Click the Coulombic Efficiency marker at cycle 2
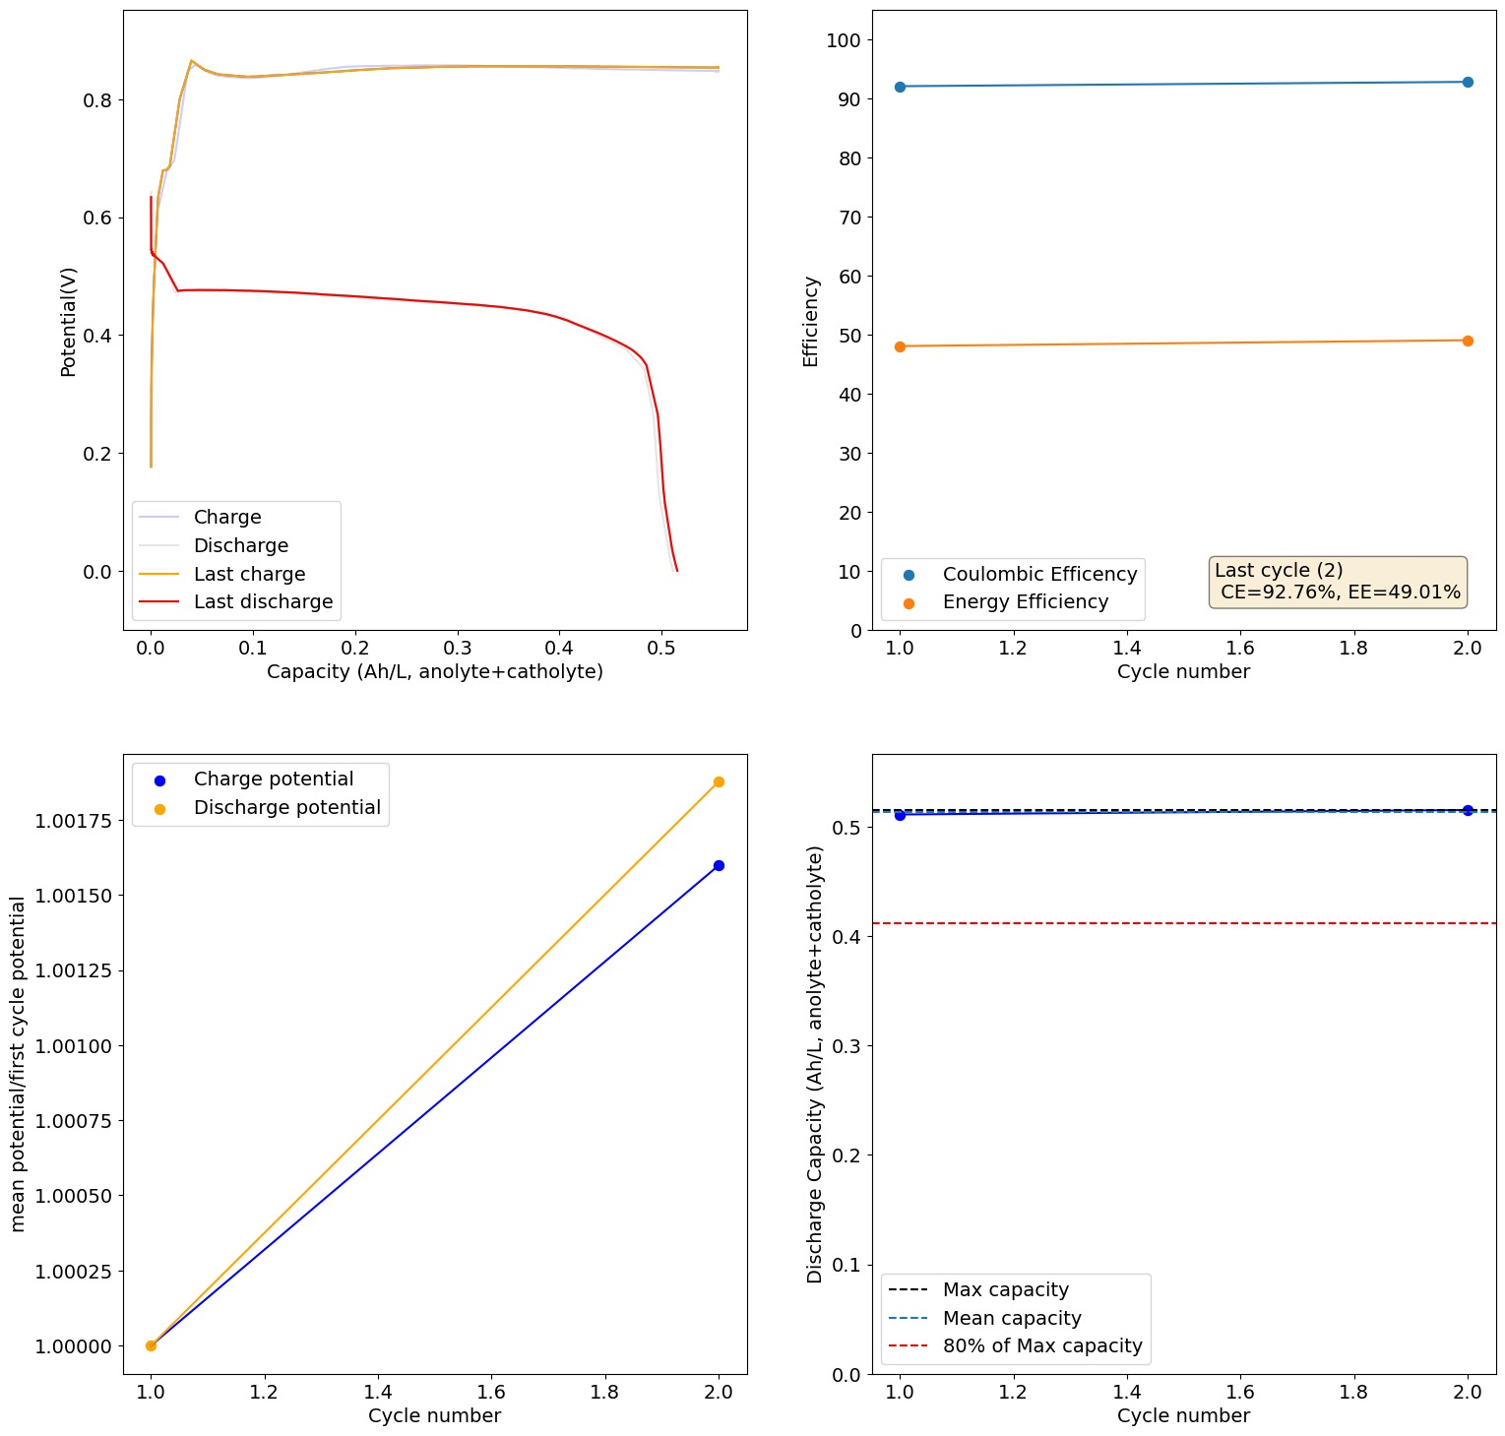[x=1468, y=83]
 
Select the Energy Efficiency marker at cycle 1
[x=900, y=346]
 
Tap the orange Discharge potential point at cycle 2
[x=719, y=781]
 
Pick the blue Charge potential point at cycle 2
[x=719, y=865]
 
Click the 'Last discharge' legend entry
[x=263, y=601]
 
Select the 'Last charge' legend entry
[x=249, y=574]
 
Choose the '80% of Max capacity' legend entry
[x=1042, y=1345]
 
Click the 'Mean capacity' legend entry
[x=1012, y=1318]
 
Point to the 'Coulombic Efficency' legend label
[x=1039, y=574]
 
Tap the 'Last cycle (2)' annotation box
[x=1337, y=582]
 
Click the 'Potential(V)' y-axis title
[x=69, y=322]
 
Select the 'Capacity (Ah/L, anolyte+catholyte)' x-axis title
[x=434, y=671]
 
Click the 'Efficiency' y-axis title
[x=811, y=322]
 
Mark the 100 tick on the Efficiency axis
[x=844, y=40]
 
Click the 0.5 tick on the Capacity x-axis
[x=661, y=648]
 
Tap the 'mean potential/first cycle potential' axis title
[x=18, y=1064]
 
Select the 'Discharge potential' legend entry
[x=286, y=807]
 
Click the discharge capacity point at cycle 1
[x=900, y=815]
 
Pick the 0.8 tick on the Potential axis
[x=96, y=100]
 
